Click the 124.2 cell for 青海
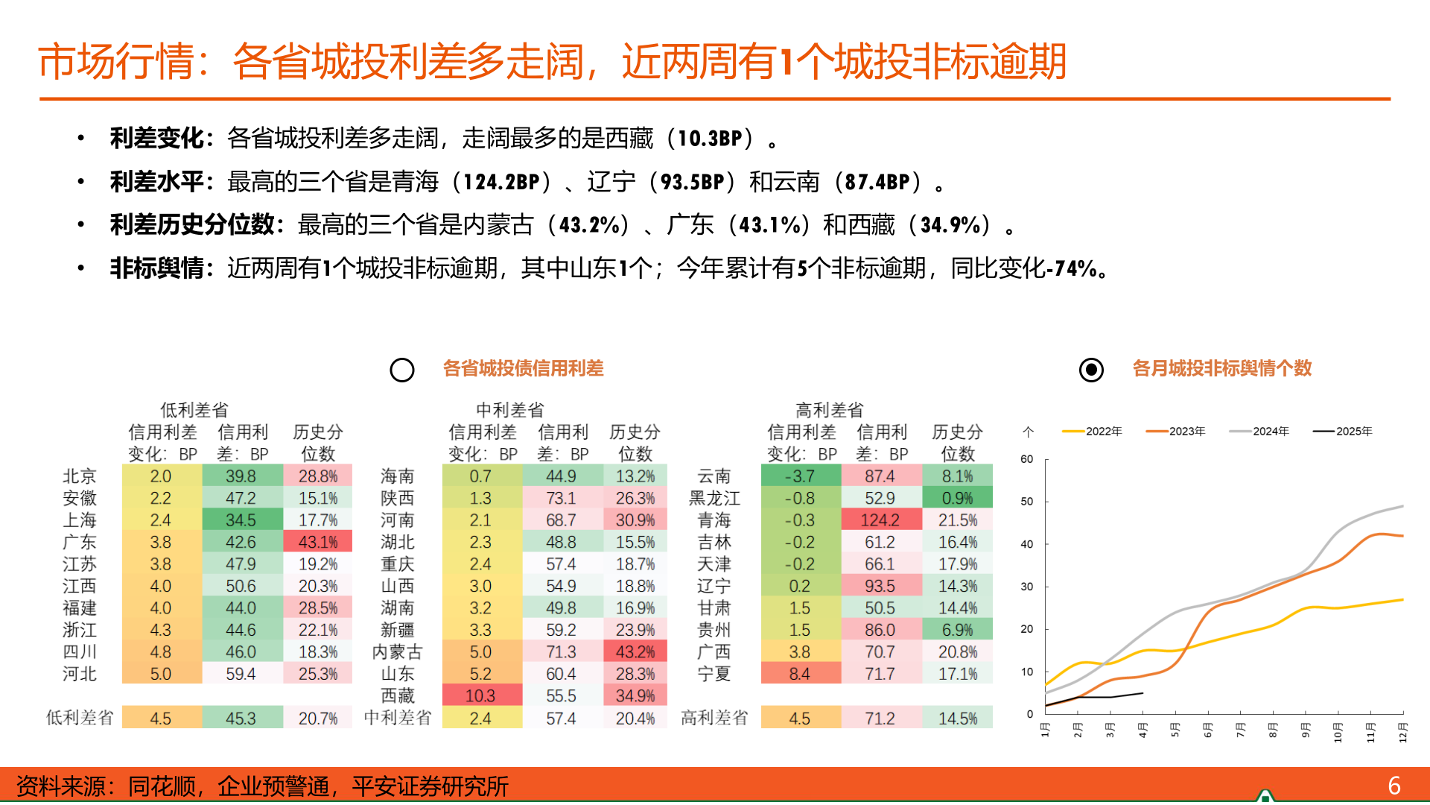[881, 520]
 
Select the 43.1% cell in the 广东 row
[317, 542]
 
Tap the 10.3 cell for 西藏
[480, 695]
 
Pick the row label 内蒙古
[397, 652]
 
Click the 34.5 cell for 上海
[241, 520]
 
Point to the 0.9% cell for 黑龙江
[957, 498]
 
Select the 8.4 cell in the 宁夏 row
[800, 674]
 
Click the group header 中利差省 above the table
[510, 410]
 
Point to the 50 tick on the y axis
[1027, 502]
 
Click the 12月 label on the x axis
[1403, 732]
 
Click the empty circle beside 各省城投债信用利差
[402, 370]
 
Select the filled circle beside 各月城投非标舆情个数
[1091, 370]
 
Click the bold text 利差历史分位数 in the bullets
[192, 224]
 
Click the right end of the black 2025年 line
[1143, 693]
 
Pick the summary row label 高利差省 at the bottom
[714, 718]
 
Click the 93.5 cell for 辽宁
[881, 586]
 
